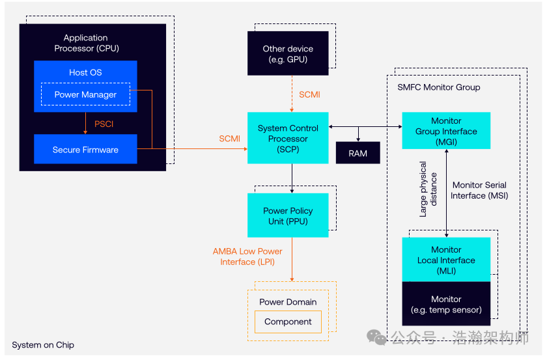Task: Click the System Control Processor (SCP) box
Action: click(288, 138)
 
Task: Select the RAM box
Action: click(358, 154)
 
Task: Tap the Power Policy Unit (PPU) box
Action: click(287, 215)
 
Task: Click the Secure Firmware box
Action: click(85, 150)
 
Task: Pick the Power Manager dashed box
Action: click(85, 94)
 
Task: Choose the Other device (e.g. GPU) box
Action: click(288, 54)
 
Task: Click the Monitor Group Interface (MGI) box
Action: click(446, 131)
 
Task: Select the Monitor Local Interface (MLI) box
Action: click(446, 260)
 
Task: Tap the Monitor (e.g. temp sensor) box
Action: click(446, 304)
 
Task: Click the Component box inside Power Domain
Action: click(288, 322)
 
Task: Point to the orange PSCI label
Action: click(104, 123)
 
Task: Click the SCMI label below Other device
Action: click(309, 94)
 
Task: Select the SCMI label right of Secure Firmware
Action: click(229, 139)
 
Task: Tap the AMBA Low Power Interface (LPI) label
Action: click(247, 256)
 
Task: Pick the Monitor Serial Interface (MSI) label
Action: click(479, 190)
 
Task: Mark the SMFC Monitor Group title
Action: click(438, 87)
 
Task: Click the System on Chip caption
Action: click(43, 345)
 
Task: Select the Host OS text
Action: click(85, 72)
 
